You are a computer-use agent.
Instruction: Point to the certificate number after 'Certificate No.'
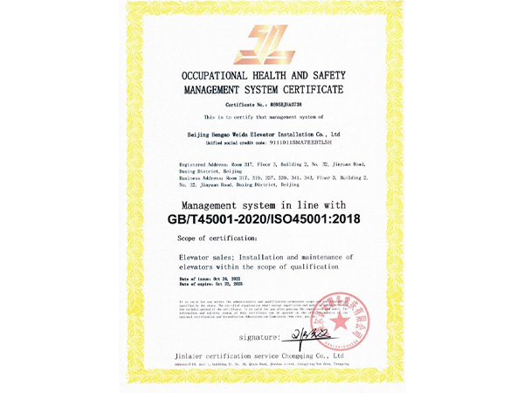290,104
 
